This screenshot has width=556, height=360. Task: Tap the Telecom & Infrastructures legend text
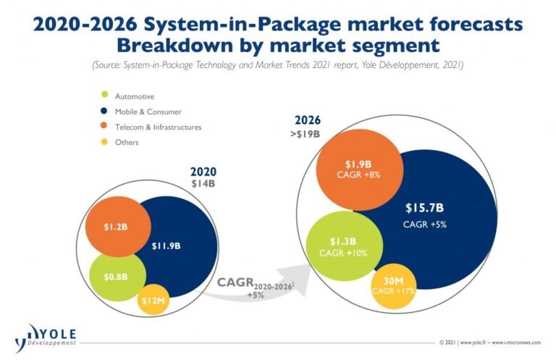[158, 127]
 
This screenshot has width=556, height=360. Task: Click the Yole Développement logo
[45, 335]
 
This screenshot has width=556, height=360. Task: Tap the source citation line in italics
[277, 65]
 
